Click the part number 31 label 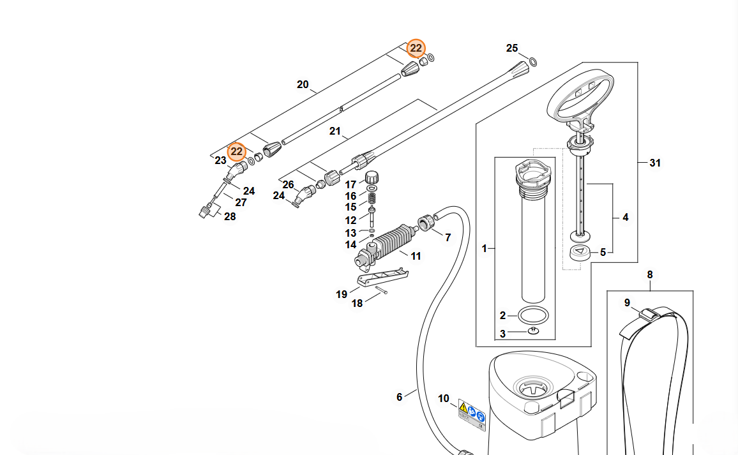tap(655, 163)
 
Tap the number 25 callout tap(513, 48)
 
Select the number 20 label tap(303, 85)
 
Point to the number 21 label tap(335, 131)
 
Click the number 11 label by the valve tap(416, 257)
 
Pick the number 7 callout tap(448, 237)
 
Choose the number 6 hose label tap(400, 397)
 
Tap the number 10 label tap(444, 399)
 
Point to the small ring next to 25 tap(534, 62)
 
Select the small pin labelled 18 tap(382, 292)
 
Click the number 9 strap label tap(627, 302)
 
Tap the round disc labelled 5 tap(580, 251)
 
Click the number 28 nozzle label tap(230, 217)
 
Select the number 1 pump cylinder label tap(484, 248)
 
